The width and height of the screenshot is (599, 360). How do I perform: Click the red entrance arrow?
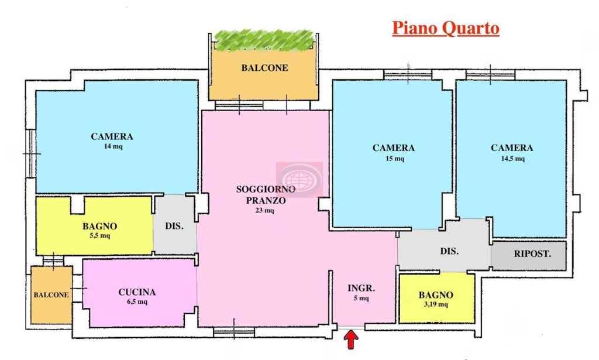point(351,340)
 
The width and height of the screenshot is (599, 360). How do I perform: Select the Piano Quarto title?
point(446,29)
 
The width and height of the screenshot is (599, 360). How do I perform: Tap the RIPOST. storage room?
point(529,255)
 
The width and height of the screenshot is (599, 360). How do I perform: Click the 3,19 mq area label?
point(436,304)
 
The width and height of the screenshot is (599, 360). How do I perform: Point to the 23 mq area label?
point(265,210)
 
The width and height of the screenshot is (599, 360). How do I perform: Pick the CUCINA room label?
point(137,292)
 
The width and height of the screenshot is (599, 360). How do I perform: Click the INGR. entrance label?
point(361,288)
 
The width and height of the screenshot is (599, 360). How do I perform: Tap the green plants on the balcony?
point(264,40)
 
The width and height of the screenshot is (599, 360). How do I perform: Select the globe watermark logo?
point(299,179)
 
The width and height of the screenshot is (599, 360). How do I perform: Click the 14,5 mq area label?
point(512,158)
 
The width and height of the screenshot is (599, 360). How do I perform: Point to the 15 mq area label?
point(395,158)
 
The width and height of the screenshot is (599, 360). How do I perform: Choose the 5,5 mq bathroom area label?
point(99,235)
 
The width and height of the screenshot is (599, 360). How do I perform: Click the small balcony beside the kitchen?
point(51,295)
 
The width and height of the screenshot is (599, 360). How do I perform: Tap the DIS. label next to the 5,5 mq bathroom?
point(174,226)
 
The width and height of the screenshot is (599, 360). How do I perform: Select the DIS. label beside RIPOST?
point(449,251)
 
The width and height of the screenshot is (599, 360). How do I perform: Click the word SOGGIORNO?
point(266,189)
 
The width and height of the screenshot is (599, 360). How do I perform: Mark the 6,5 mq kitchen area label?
point(137,302)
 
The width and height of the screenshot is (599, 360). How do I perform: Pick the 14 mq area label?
point(113,146)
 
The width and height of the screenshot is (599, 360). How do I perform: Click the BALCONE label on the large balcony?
point(264,68)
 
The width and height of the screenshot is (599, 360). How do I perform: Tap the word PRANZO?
point(266,200)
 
